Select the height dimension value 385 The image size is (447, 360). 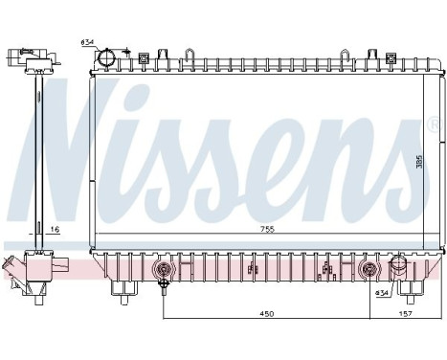(419, 162)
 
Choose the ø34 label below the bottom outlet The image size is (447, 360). (383, 291)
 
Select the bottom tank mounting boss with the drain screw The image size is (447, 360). (164, 270)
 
